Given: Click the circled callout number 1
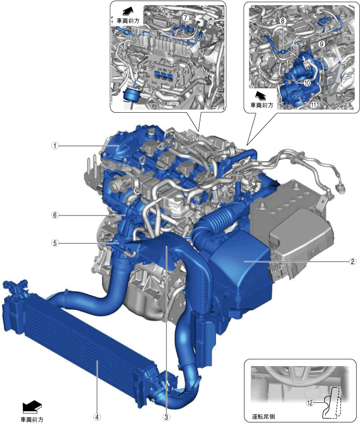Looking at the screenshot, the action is [55, 146].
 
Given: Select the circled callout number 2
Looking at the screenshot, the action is [352, 261].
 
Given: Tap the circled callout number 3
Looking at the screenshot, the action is [166, 417].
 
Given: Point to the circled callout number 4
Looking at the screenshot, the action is [97, 417].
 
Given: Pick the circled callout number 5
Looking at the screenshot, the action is [55, 243].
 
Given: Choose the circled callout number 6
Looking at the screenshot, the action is [55, 215].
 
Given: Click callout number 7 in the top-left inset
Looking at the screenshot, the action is [185, 18].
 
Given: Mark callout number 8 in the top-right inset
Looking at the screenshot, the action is [282, 21].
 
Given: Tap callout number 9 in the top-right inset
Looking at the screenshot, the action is [321, 44].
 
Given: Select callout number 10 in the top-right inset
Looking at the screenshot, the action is [307, 83].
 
